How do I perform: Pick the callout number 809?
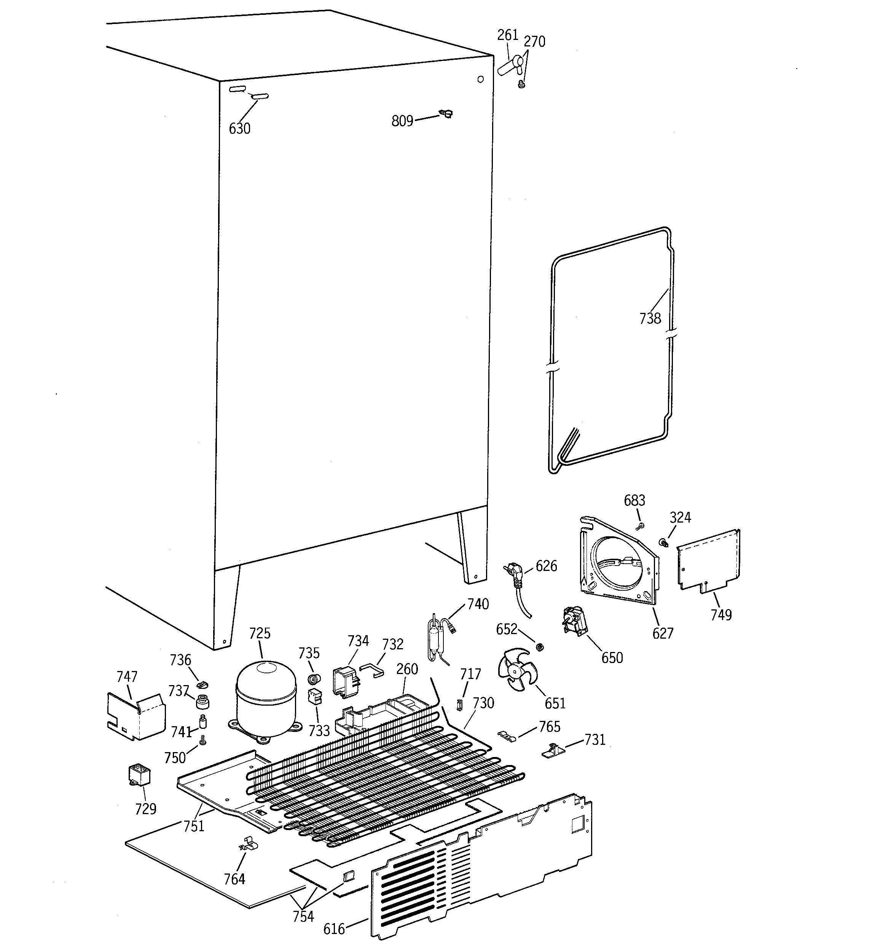pyautogui.click(x=402, y=121)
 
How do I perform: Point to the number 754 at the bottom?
pyautogui.click(x=303, y=916)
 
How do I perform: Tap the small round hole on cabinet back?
pyautogui.click(x=480, y=80)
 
